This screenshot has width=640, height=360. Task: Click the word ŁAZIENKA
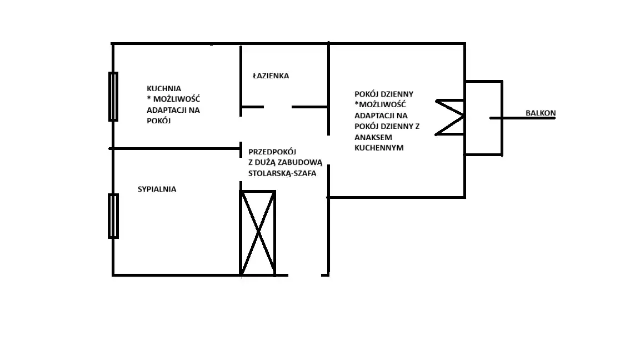tap(271, 76)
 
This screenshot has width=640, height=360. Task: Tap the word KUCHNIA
tap(164, 88)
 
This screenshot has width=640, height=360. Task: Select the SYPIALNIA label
tap(157, 189)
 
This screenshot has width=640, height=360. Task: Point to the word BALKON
tap(540, 113)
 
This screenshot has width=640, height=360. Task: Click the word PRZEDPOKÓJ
tap(273, 151)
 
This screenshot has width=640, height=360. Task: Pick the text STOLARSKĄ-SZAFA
tap(282, 173)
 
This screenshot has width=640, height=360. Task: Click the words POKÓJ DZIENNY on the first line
tap(384, 94)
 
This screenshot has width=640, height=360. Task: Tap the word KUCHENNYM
tap(378, 148)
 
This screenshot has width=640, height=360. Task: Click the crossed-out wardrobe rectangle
tap(258, 233)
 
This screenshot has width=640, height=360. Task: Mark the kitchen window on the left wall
tap(113, 97)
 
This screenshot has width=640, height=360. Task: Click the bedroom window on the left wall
tap(113, 216)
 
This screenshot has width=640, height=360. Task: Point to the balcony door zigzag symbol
tap(450, 117)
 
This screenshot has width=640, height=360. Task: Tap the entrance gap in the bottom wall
tap(304, 274)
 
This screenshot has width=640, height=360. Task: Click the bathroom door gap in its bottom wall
tap(278, 107)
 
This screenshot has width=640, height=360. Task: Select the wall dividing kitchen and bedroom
tap(175, 148)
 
